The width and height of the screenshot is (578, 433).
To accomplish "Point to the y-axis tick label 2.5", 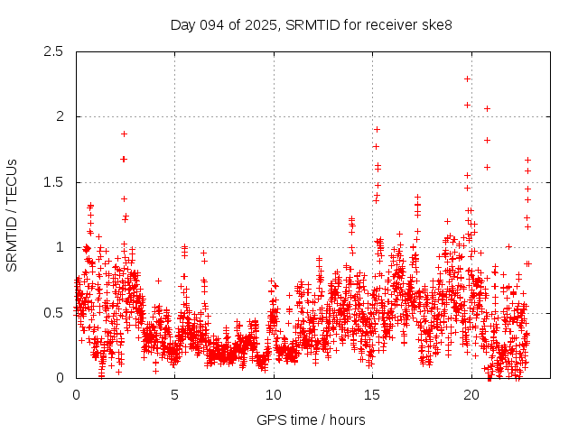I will coord(53,51).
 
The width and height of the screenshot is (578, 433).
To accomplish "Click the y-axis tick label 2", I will coord(60,116).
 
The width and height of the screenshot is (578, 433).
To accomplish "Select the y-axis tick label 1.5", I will coord(53,182).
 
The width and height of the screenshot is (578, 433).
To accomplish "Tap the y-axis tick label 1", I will coord(60,247).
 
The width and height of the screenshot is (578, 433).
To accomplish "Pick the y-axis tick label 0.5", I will coord(53,312).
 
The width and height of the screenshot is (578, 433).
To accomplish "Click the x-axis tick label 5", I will coord(175,394).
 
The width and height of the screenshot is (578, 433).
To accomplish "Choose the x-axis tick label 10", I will coord(274,394).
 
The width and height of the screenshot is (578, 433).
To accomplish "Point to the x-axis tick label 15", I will coord(372,394).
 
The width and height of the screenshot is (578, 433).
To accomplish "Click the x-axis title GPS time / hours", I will coord(311,419).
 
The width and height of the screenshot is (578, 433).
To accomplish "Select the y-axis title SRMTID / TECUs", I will coord(12,215).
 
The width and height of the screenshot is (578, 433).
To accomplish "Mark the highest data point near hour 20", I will coord(467,78).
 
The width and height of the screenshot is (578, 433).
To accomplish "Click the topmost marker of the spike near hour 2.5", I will coord(124,134).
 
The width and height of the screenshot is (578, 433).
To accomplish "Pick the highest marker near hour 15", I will coord(377,129).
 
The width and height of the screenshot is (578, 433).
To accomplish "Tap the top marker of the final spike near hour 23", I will coord(527,160).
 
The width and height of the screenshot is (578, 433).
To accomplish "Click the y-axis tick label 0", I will coord(60,378).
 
